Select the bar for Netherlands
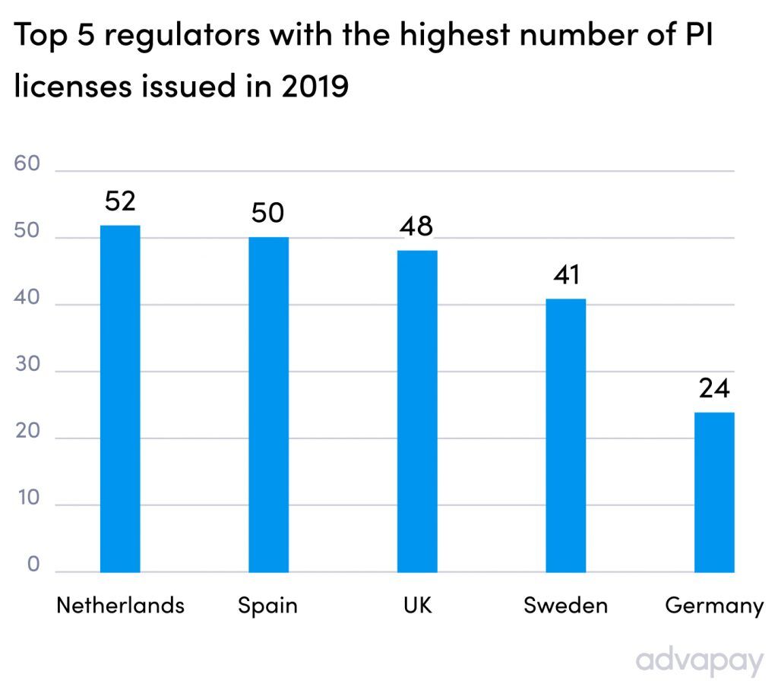(x=120, y=399)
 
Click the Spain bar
(x=268, y=404)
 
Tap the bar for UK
(x=417, y=410)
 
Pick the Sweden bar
(x=566, y=435)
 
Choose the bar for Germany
(x=714, y=492)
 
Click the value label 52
(x=120, y=202)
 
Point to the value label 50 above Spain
(x=268, y=214)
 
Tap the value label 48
(x=417, y=226)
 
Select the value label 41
(x=566, y=274)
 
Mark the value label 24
(x=714, y=388)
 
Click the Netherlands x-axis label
(x=120, y=606)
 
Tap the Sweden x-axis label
(x=566, y=606)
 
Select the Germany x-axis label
(x=713, y=606)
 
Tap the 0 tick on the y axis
(x=33, y=565)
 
